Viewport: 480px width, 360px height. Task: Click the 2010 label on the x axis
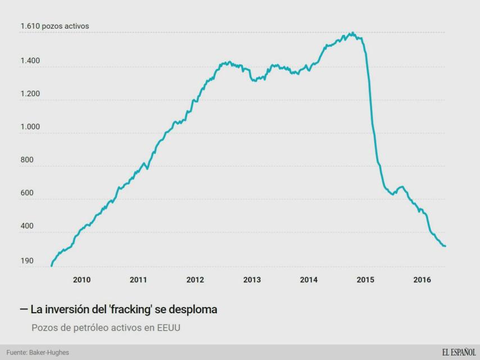click(81, 280)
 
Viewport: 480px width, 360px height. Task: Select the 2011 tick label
click(138, 280)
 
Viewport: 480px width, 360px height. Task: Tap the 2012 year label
click(195, 280)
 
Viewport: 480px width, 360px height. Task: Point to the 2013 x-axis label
click(252, 280)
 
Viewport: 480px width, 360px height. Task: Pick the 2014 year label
click(309, 280)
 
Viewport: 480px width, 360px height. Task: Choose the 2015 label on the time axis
click(365, 280)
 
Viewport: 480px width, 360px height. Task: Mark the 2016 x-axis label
click(422, 280)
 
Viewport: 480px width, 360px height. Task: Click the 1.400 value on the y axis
click(30, 61)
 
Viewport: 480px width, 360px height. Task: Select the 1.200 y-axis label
click(30, 94)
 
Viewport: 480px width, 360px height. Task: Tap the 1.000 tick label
click(30, 127)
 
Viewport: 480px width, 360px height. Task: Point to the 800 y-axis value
click(26, 160)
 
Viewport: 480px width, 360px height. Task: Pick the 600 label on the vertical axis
click(26, 193)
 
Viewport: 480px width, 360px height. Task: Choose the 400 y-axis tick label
click(26, 226)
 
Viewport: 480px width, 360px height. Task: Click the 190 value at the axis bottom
click(26, 261)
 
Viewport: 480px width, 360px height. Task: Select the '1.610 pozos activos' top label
click(55, 26)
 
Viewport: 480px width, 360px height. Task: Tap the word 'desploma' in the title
click(194, 310)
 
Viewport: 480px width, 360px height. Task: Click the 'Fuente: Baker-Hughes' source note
click(38, 352)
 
